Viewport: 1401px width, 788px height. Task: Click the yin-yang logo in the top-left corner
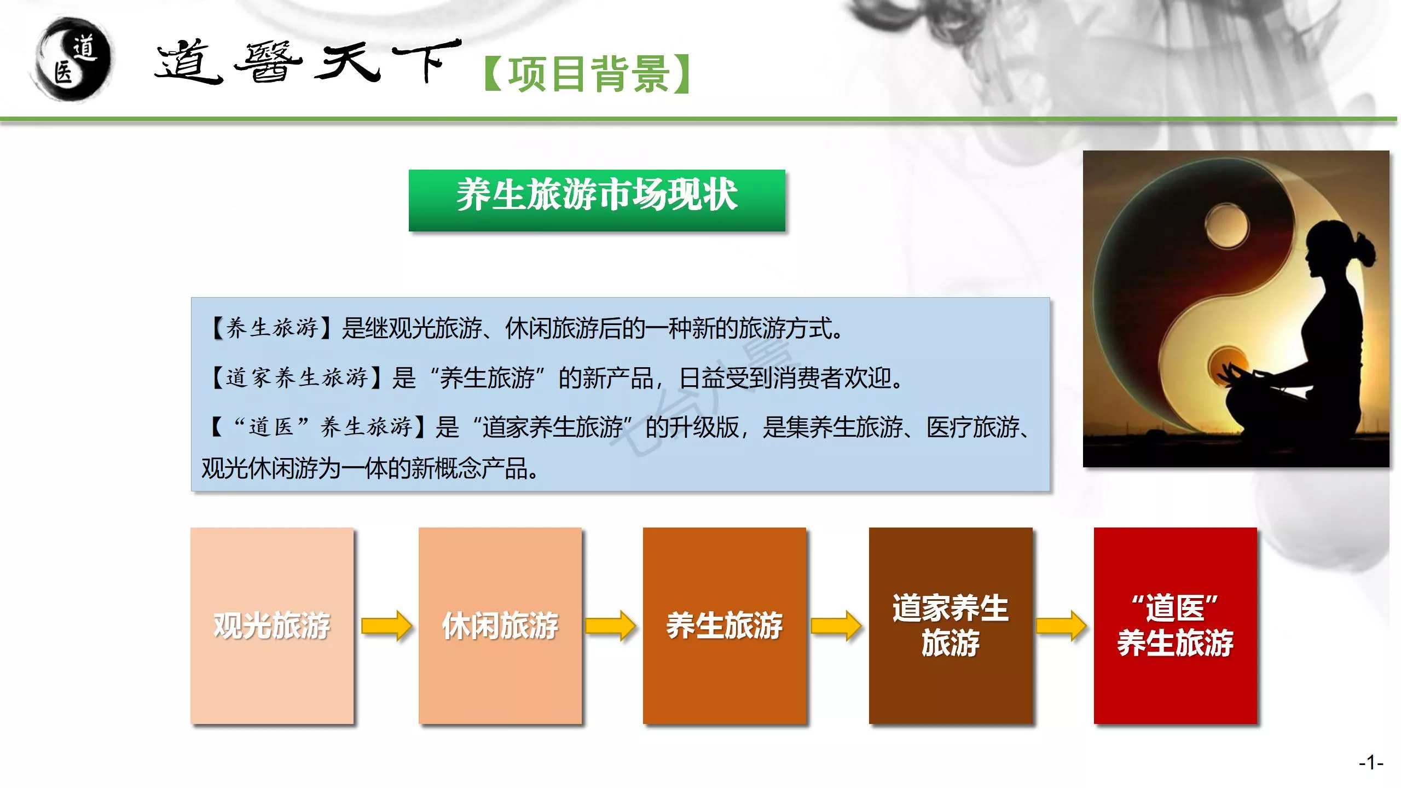73,59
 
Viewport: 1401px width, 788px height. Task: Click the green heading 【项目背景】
587,74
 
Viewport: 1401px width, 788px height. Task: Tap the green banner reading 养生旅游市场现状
597,200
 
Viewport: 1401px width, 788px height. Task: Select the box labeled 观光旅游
272,625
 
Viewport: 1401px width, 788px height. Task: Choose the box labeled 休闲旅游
500,625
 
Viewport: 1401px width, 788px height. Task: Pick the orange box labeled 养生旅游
725,625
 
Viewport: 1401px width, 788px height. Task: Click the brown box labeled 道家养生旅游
951,625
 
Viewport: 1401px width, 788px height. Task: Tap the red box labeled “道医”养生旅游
1176,625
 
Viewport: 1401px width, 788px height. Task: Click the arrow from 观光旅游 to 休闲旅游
386,625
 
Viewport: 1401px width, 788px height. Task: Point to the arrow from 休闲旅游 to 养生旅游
610,625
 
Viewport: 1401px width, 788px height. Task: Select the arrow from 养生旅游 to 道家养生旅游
836,625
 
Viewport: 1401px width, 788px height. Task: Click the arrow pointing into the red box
1061,625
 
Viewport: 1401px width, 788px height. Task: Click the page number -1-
1371,762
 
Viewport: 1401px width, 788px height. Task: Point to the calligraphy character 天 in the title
348,63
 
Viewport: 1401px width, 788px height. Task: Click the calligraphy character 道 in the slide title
189,62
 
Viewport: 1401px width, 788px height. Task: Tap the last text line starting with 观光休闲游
370,468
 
